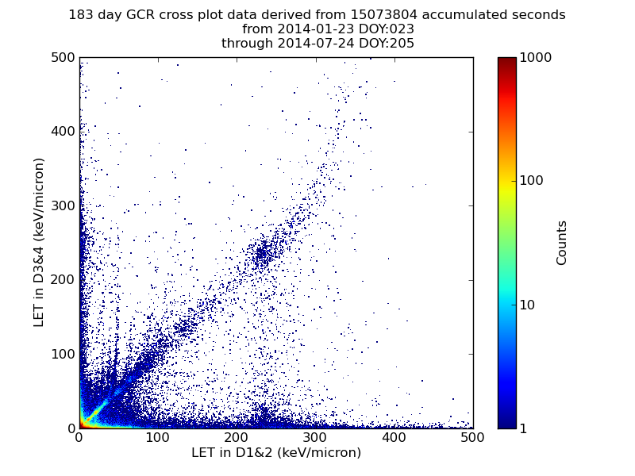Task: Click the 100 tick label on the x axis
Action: point(157,437)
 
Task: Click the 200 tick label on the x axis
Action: point(237,437)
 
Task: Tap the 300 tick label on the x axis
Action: point(315,437)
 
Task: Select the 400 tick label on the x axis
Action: point(394,437)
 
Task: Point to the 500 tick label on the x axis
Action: point(472,437)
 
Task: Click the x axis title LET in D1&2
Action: point(276,453)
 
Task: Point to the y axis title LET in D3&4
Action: point(39,242)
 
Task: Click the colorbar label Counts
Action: point(562,243)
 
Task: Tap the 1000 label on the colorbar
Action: point(537,58)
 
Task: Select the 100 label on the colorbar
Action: point(533,181)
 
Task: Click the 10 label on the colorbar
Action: point(530,305)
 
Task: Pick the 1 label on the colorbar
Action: point(526,428)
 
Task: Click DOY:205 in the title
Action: point(386,44)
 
